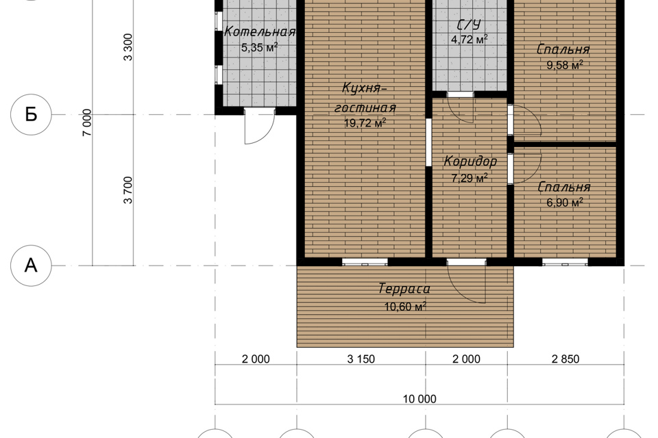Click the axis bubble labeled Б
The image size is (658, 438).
tap(31, 114)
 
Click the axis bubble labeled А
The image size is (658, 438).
tap(31, 266)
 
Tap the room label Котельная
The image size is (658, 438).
tap(260, 32)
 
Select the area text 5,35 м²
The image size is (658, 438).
tap(259, 47)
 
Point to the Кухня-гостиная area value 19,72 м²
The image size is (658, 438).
tap(365, 123)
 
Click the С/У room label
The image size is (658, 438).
tap(468, 25)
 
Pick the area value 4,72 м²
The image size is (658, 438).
tap(469, 40)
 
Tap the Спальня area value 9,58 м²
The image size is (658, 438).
tap(564, 65)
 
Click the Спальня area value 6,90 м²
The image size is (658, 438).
tap(564, 203)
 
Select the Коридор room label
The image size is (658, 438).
tap(470, 161)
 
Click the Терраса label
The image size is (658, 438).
tap(404, 289)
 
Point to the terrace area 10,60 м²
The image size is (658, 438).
tap(405, 307)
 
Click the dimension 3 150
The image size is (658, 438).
tap(361, 359)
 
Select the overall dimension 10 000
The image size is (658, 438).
tap(419, 399)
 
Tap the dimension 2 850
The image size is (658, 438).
tap(565, 359)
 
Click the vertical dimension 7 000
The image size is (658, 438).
tap(87, 123)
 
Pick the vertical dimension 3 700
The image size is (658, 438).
tap(128, 190)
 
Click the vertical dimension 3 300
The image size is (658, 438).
tap(128, 47)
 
